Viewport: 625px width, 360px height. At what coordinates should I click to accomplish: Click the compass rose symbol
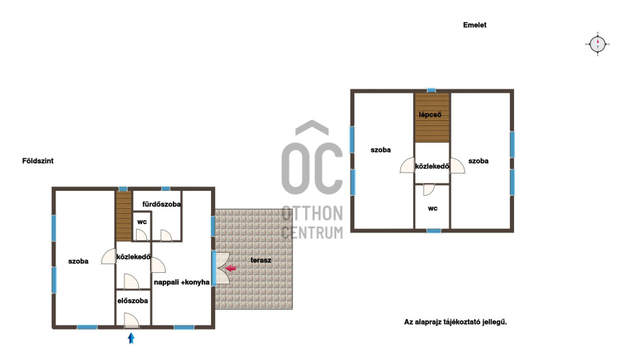coord(598,44)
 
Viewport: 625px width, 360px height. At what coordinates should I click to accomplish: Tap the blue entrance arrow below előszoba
coord(131,338)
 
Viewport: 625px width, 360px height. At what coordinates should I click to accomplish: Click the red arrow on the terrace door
coord(231,269)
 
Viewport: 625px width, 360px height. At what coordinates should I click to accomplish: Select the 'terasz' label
coord(261,261)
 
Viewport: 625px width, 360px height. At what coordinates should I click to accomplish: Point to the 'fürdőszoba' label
coord(161,204)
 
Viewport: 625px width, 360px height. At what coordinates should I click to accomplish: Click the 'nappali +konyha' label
coord(181,282)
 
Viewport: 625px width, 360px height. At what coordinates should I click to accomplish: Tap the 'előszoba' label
coord(132,301)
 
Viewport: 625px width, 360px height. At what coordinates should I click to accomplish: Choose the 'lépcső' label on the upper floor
coord(430,114)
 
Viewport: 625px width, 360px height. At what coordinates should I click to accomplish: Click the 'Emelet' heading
coord(475,24)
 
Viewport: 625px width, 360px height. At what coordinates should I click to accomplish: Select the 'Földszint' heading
coord(38,161)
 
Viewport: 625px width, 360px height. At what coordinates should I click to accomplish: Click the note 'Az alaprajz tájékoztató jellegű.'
coord(456,322)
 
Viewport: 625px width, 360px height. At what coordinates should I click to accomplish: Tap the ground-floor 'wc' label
coord(142,222)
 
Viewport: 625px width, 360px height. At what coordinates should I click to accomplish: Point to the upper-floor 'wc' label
coord(433,209)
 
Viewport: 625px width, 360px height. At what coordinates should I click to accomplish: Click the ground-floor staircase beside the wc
coord(124,216)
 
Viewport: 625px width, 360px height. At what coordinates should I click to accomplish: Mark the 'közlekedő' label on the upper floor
coord(432,166)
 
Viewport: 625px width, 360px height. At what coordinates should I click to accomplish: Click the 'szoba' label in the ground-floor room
coord(78,261)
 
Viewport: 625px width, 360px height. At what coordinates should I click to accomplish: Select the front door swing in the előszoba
coord(131,320)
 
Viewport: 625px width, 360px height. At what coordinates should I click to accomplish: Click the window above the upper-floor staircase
coord(431,90)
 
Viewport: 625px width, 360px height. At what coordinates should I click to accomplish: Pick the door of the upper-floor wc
coord(429,189)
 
